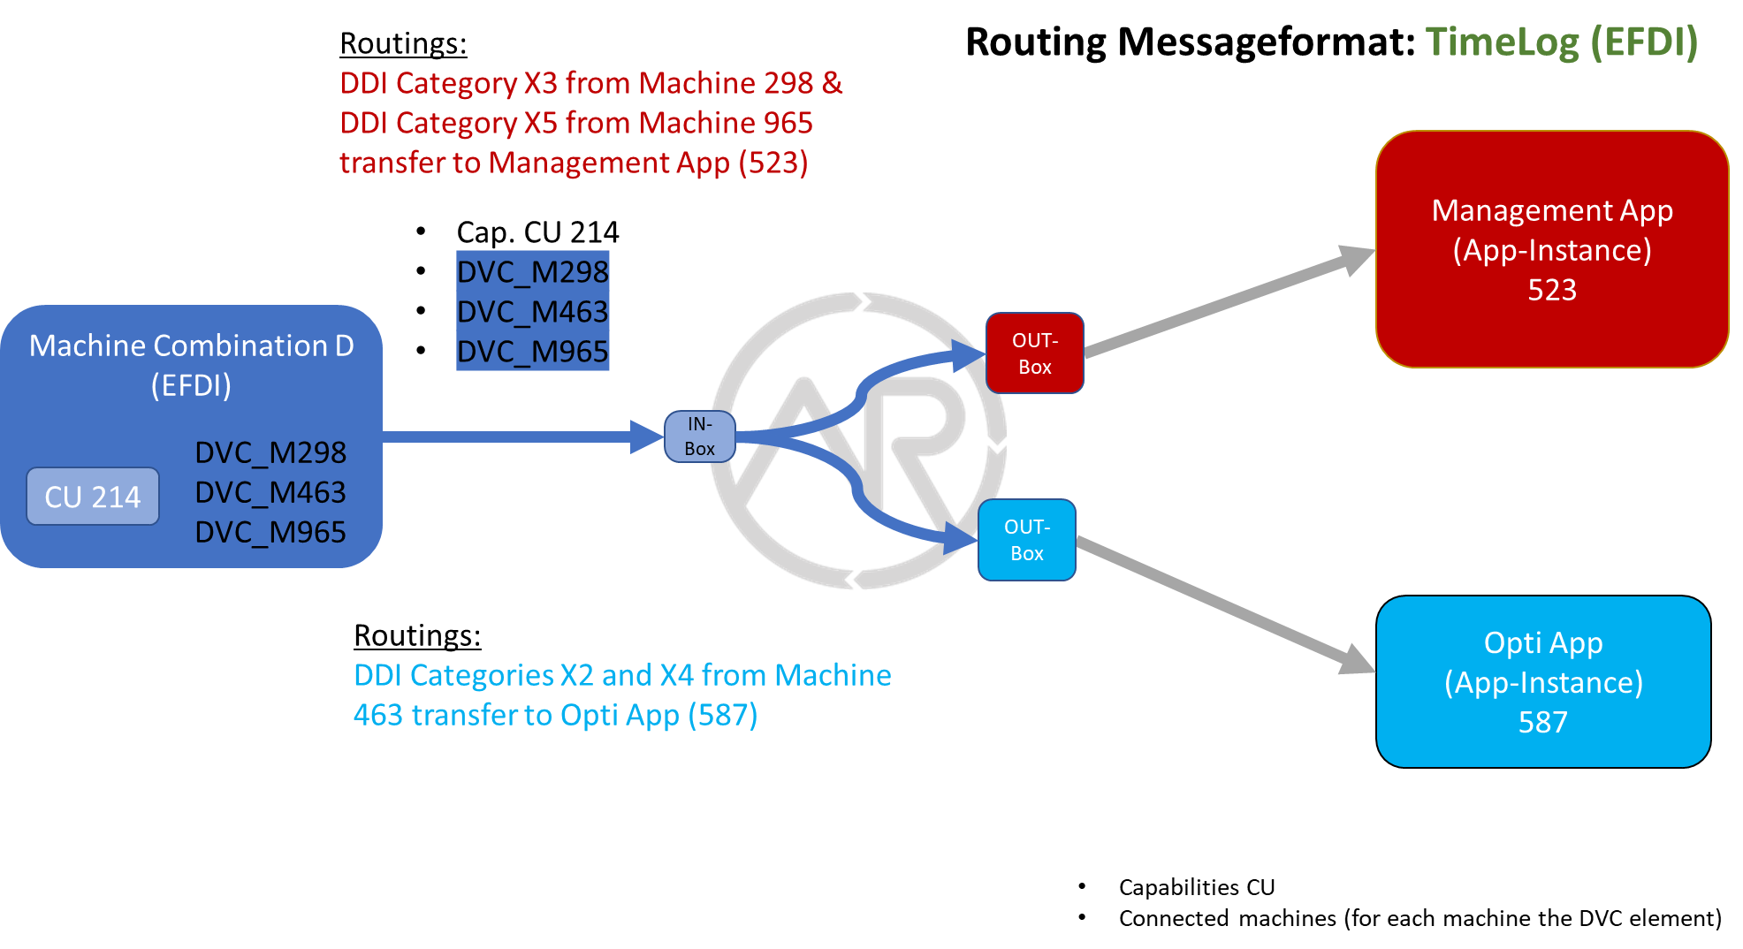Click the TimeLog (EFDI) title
pos(1561,42)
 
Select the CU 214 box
pos(93,497)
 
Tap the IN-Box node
pos(699,437)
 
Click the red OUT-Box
pos(1034,353)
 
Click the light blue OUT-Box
pos(1026,540)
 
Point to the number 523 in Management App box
pos(1551,290)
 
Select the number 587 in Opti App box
pos(1542,722)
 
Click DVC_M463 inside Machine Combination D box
pos(270,492)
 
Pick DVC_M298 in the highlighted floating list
pos(532,271)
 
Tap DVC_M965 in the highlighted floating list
pos(532,352)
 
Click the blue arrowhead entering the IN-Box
pos(646,437)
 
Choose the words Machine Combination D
pos(191,345)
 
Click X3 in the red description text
pos(540,83)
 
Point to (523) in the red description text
pos(773,163)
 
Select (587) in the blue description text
pos(722,715)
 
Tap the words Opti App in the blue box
pos(1542,642)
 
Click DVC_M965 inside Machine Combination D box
pos(270,532)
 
